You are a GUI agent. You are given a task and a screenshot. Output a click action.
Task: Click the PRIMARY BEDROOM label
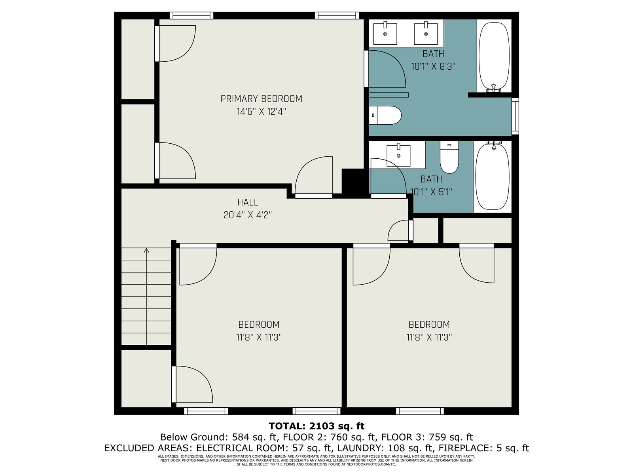tap(261, 99)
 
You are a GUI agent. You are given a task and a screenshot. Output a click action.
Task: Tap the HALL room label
tap(248, 202)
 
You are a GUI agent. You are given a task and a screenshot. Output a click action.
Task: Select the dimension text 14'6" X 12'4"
tap(261, 112)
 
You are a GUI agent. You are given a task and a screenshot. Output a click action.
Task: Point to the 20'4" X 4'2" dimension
tap(248, 215)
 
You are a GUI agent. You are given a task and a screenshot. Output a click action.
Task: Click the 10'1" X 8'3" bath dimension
tap(433, 66)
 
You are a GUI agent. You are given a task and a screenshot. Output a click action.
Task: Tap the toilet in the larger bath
tap(385, 115)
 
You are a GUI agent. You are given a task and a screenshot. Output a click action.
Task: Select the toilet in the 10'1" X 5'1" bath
tap(449, 157)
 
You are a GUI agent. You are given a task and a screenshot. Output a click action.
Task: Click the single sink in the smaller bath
tap(398, 155)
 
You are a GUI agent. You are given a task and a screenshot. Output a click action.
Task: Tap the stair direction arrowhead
tap(146, 251)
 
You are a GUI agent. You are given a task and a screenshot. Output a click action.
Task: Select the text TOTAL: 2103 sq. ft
tap(316, 426)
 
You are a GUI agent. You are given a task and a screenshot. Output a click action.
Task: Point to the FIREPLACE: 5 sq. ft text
tap(484, 448)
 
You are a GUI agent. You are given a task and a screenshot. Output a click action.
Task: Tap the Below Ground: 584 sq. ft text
tap(219, 437)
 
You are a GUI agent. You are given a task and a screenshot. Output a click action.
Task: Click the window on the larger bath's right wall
tap(515, 116)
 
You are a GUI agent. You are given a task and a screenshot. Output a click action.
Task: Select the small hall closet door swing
tap(398, 230)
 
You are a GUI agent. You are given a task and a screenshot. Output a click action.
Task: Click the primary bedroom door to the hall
tap(314, 177)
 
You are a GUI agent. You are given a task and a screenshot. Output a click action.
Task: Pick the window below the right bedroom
tap(420, 411)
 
